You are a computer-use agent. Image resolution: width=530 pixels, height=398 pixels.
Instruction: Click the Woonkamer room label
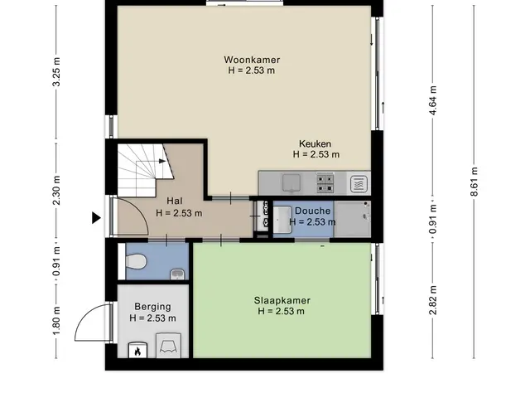(x=252, y=60)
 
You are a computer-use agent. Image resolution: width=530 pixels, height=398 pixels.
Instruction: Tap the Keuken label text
(x=315, y=143)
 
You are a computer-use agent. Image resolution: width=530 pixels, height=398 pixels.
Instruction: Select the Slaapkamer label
(x=282, y=300)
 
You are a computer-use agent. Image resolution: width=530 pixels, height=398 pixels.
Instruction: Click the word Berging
(x=152, y=307)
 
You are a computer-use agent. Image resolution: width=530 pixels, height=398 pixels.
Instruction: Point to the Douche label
(x=313, y=211)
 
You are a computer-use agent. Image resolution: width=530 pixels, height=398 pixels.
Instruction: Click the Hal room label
(x=175, y=201)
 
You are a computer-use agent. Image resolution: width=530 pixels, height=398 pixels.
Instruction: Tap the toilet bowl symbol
(x=136, y=262)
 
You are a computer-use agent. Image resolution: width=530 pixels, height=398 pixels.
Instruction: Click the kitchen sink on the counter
(x=291, y=182)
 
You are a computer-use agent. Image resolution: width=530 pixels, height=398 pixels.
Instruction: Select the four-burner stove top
(x=325, y=183)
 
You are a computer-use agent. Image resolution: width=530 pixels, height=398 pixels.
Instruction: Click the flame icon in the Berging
(x=137, y=351)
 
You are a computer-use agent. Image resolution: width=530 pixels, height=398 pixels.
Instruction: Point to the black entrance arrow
(x=96, y=217)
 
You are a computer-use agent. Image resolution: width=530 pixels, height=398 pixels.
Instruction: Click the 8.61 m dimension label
(x=474, y=182)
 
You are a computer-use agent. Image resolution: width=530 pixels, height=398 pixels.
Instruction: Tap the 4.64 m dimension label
(x=433, y=100)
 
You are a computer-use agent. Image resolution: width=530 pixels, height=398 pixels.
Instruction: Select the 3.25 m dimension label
(x=56, y=72)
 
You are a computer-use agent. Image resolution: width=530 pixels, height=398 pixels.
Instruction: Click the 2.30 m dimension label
(x=56, y=191)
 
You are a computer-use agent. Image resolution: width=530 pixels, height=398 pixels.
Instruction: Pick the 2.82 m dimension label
(x=433, y=300)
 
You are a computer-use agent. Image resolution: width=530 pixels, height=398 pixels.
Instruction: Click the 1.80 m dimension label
(x=56, y=321)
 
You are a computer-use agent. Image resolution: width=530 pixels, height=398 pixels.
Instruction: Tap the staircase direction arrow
(x=162, y=161)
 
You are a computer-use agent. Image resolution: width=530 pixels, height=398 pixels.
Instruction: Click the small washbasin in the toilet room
(x=177, y=274)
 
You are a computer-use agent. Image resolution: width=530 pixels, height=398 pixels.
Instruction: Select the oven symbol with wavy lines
(x=359, y=184)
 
